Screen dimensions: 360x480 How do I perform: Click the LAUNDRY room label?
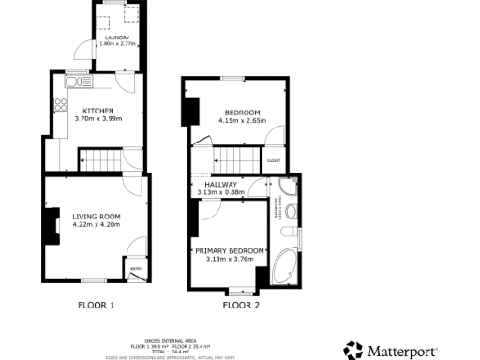tap(117, 37)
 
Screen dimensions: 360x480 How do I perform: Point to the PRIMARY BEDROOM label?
tap(230, 250)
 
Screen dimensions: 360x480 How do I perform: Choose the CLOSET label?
tap(274, 160)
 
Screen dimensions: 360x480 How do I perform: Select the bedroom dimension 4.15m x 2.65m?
tap(238, 121)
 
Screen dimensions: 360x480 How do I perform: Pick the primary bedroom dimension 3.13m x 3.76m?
tap(230, 259)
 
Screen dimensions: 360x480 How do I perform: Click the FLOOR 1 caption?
tap(96, 305)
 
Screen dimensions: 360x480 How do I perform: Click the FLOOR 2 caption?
tap(241, 305)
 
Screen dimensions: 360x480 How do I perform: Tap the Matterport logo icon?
tap(353, 351)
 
